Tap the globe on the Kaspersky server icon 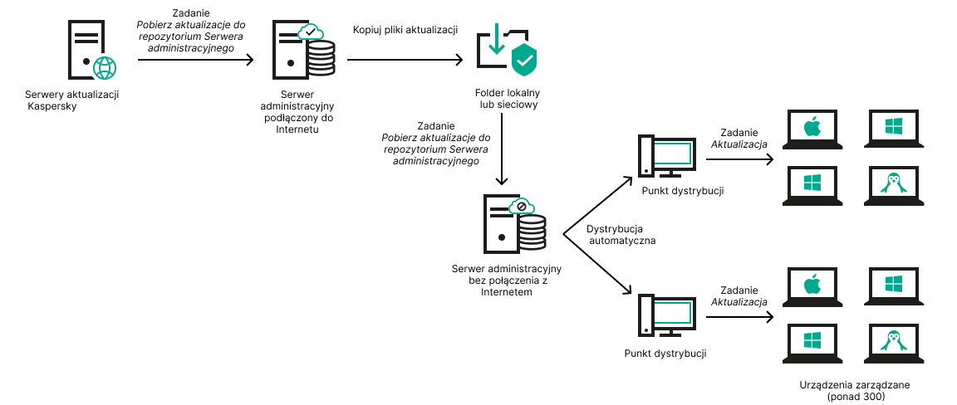(x=106, y=67)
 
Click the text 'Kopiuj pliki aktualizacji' (x=405, y=30)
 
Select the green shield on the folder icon (x=523, y=59)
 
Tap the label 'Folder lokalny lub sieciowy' (x=507, y=99)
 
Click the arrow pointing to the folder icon (x=405, y=60)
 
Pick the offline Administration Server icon (x=513, y=225)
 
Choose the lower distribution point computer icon (x=665, y=315)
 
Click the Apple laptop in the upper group (x=812, y=129)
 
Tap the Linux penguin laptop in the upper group (x=893, y=183)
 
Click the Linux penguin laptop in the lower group (x=893, y=341)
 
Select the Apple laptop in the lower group (x=812, y=287)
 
